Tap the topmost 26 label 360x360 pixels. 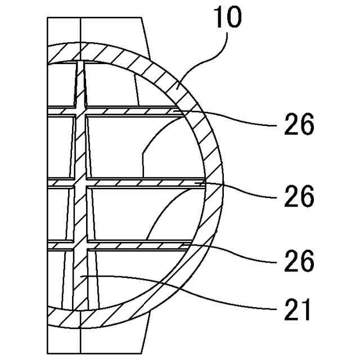click(298, 125)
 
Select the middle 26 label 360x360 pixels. click(298, 197)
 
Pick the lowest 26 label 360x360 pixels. click(298, 260)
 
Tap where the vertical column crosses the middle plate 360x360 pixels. click(81, 183)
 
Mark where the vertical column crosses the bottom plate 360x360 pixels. click(81, 245)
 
